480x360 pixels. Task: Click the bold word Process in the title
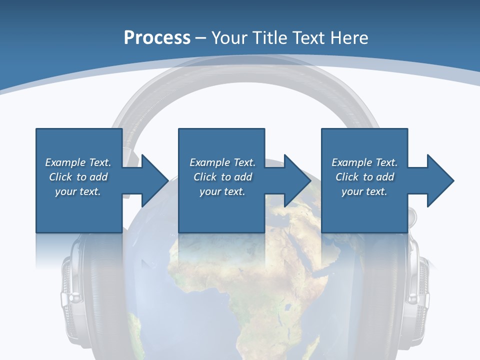157,38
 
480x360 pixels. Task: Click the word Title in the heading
270,38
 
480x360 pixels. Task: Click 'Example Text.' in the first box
78,162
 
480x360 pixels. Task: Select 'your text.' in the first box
78,191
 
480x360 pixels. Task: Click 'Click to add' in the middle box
222,177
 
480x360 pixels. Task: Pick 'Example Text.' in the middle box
222,162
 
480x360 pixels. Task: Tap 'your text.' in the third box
364,191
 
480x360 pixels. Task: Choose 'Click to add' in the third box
364,177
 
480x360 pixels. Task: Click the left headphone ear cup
75,295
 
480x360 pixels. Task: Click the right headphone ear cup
415,295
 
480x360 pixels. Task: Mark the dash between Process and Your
200,38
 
